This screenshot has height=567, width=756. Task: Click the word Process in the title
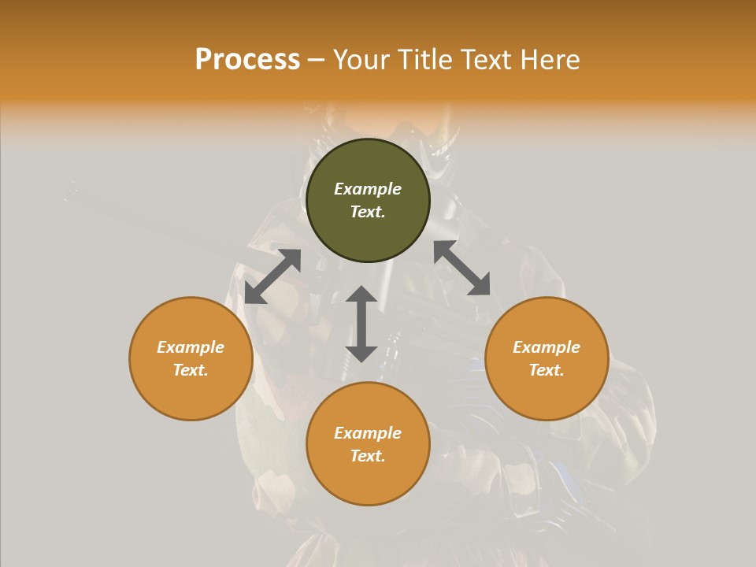[247, 60]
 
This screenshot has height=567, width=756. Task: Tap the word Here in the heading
[548, 60]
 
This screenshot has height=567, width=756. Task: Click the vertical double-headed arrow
[361, 324]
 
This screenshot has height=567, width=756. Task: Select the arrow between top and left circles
[272, 276]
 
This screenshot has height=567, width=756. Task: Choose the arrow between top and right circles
[461, 268]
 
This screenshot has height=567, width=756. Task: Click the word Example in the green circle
[368, 189]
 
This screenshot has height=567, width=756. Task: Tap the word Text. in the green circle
[368, 212]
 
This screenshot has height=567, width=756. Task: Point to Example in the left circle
[191, 347]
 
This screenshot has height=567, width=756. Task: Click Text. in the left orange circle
[191, 370]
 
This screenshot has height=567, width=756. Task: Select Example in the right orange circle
[547, 347]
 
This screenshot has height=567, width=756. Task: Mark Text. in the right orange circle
[547, 370]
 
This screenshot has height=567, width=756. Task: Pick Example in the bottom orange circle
[368, 433]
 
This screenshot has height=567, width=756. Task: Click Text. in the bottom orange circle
[368, 456]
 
